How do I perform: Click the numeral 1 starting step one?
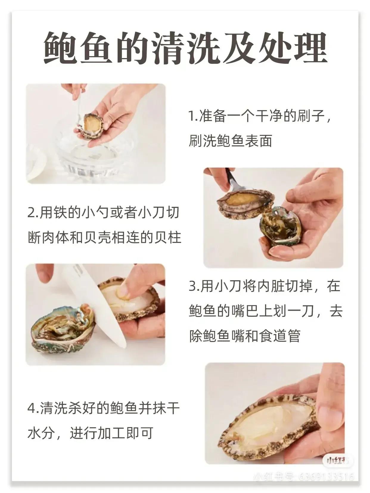pos(191,116)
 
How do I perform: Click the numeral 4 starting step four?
pos(31,408)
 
